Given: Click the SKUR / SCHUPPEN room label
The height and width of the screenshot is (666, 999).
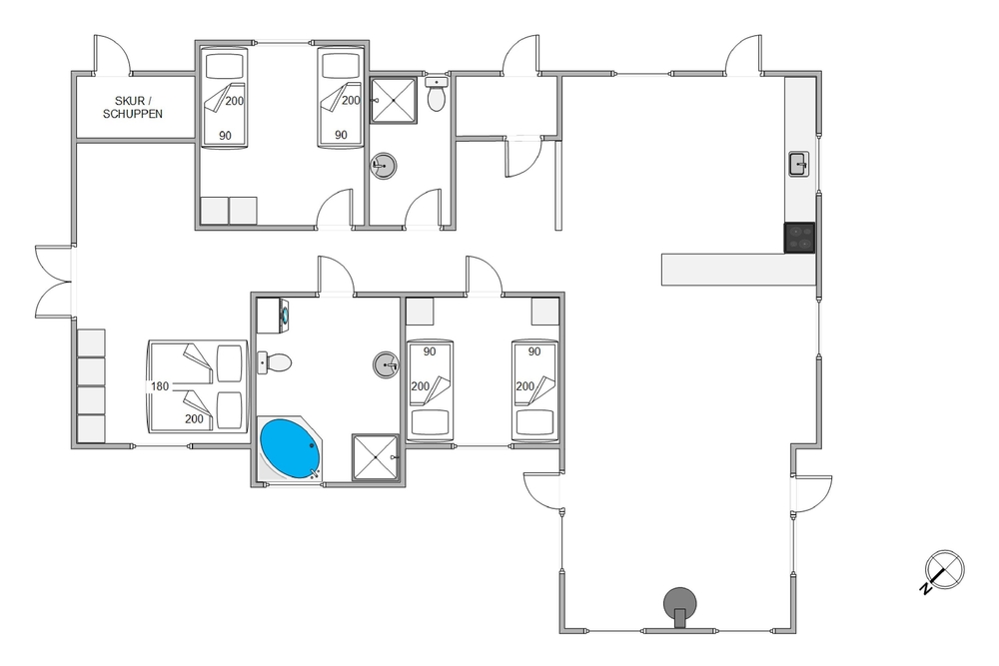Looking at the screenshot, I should [x=134, y=107].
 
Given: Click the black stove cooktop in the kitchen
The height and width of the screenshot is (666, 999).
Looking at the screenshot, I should [x=800, y=238].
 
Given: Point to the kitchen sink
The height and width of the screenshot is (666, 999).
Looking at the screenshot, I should [x=799, y=164].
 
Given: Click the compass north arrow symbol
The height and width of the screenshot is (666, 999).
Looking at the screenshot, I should [x=943, y=570].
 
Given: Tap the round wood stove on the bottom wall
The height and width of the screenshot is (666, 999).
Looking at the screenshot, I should [x=681, y=602].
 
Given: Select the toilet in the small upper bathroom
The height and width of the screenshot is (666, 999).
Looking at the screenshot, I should [x=436, y=97].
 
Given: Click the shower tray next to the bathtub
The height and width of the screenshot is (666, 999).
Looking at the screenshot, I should [x=376, y=458].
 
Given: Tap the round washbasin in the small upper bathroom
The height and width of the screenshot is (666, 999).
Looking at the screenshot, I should [x=384, y=167].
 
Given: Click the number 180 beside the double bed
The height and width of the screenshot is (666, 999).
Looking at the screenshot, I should [x=160, y=386].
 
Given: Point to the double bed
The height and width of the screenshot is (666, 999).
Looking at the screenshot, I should [x=198, y=386].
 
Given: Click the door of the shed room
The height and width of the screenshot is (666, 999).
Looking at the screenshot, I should [x=113, y=56].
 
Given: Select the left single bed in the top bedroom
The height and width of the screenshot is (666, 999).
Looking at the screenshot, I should [x=224, y=98].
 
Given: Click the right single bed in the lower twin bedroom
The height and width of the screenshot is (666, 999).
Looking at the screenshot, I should [x=533, y=390].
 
